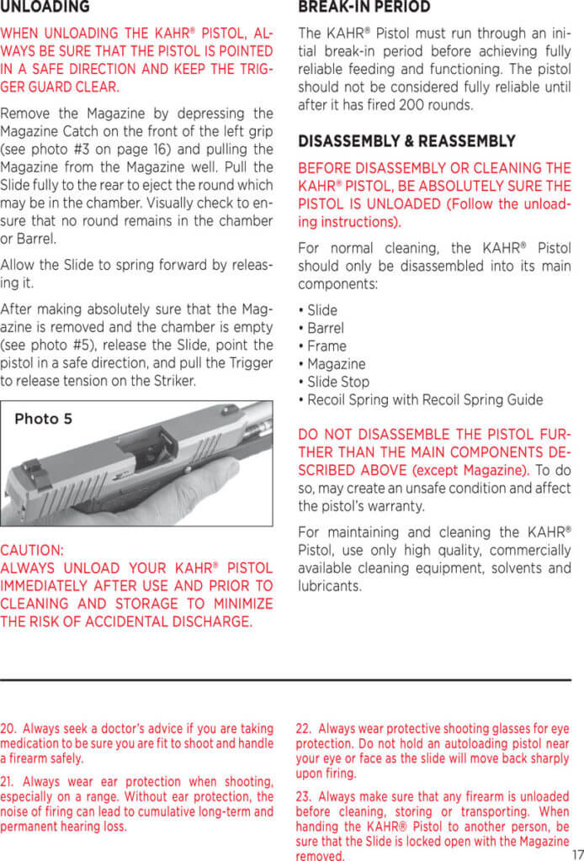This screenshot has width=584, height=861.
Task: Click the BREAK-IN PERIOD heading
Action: [x=364, y=8]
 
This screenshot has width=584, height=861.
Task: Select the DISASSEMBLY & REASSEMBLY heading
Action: [x=406, y=141]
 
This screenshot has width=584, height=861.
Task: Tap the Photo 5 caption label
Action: [x=43, y=419]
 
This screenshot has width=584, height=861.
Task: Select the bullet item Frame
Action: [x=326, y=346]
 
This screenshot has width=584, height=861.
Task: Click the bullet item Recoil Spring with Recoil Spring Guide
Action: [x=424, y=399]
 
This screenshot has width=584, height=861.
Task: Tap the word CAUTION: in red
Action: [x=31, y=551]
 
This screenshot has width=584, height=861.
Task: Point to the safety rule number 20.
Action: [x=8, y=728]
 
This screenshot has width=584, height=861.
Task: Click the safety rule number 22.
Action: [x=304, y=728]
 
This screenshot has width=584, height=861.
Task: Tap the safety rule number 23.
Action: [x=304, y=795]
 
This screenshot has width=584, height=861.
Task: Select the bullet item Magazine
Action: [x=336, y=364]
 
